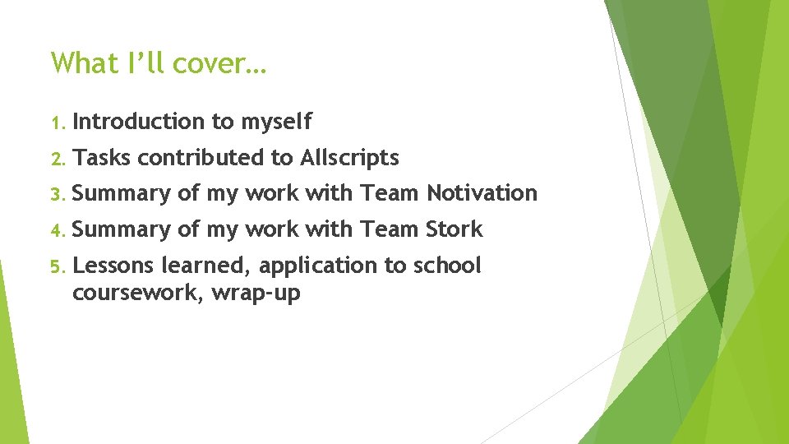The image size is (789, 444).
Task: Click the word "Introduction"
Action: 139,122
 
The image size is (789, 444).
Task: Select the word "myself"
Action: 276,123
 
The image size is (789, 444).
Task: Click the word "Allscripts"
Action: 350,158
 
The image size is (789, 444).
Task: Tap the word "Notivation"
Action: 482,193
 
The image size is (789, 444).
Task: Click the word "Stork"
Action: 454,229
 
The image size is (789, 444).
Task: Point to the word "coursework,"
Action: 137,293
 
